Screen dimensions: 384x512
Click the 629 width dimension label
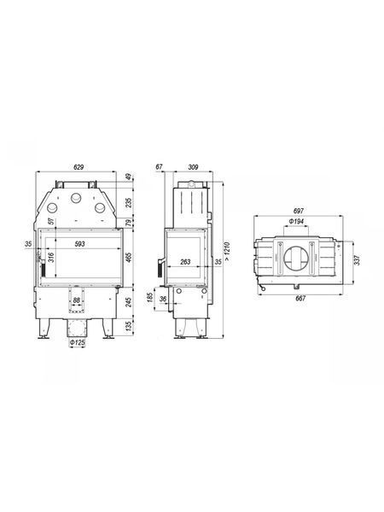tap(79, 167)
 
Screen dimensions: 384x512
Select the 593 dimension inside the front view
tap(79, 244)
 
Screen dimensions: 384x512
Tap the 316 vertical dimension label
tap(51, 258)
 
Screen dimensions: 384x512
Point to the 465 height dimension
tap(129, 258)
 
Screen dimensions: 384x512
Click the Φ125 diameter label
tap(77, 342)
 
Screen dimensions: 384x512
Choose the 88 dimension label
tap(77, 300)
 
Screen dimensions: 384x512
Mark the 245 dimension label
tap(129, 302)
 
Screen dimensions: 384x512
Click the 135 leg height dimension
tap(129, 326)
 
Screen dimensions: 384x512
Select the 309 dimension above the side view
tap(194, 167)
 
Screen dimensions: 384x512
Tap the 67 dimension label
tap(159, 167)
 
